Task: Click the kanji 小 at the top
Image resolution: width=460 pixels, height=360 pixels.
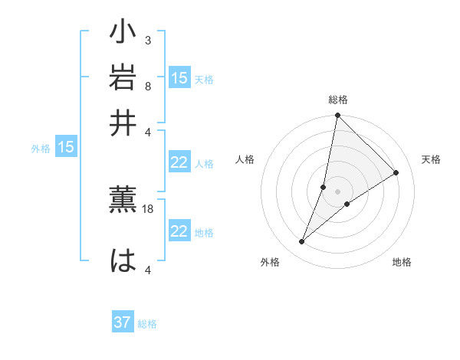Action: pyautogui.click(x=123, y=34)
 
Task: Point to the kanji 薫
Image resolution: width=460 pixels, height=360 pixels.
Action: pyautogui.click(x=123, y=199)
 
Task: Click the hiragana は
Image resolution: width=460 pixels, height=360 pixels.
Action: pyautogui.click(x=123, y=260)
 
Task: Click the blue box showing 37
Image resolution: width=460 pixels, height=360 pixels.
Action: pyautogui.click(x=123, y=322)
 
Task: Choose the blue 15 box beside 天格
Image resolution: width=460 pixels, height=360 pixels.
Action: pyautogui.click(x=179, y=77)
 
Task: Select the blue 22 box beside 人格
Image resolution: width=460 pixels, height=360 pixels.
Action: pyautogui.click(x=179, y=162)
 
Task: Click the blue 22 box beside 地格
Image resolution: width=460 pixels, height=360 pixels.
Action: pyautogui.click(x=179, y=231)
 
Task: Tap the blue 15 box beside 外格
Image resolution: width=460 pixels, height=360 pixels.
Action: pyautogui.click(x=66, y=147)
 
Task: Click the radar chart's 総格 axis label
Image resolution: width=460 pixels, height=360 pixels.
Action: pyautogui.click(x=337, y=100)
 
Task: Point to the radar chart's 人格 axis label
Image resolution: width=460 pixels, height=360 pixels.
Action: pyautogui.click(x=245, y=159)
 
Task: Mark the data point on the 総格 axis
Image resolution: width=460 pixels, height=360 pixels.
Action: pyautogui.click(x=337, y=116)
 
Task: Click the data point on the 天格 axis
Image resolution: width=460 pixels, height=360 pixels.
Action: pyautogui.click(x=396, y=172)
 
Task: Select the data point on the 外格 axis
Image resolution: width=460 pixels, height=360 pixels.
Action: pyautogui.click(x=302, y=242)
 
